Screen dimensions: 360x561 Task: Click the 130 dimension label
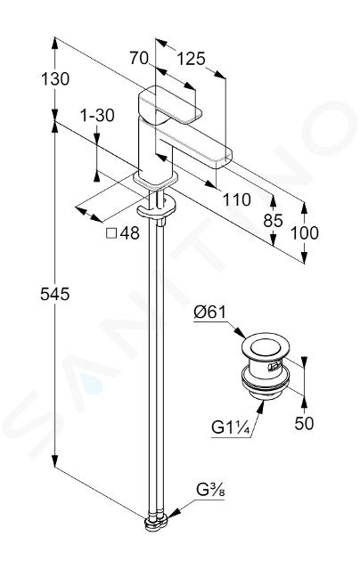(55, 78)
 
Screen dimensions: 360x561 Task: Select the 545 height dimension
(54, 294)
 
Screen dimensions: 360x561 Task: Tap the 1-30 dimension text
(97, 116)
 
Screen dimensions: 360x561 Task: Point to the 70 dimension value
(139, 58)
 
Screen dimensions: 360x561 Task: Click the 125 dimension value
(192, 58)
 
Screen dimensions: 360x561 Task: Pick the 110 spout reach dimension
(236, 199)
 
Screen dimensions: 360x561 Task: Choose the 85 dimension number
(273, 221)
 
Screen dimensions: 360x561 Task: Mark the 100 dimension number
(304, 233)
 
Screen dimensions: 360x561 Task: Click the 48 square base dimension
(129, 233)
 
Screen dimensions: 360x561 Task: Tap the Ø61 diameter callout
(210, 313)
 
